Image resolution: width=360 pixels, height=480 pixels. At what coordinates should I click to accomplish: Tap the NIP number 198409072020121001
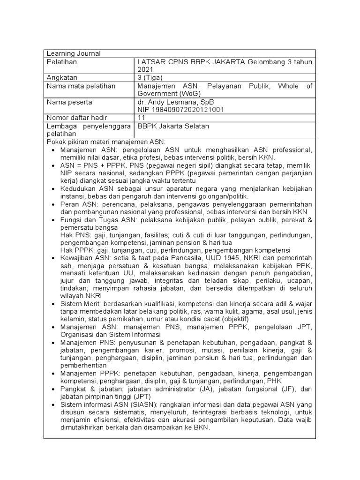(x=181, y=110)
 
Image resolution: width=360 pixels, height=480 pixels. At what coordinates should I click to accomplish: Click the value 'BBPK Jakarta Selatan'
(x=172, y=127)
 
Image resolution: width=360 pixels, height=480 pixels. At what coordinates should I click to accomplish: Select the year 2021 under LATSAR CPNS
(x=145, y=69)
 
